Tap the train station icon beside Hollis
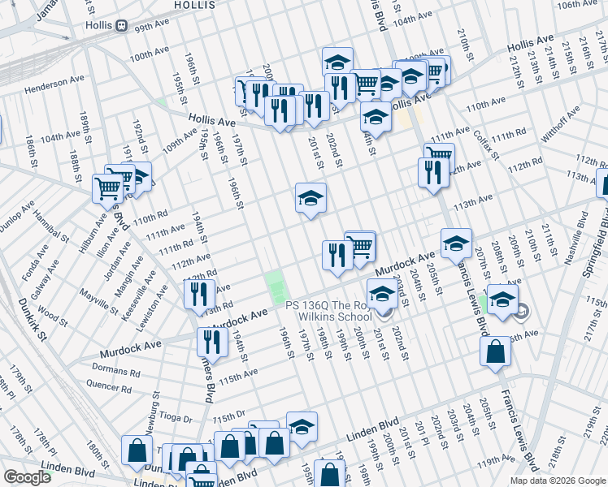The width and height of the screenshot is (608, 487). click(122, 25)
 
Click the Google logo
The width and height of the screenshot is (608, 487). click(27, 477)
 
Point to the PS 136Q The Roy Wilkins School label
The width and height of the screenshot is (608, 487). click(339, 310)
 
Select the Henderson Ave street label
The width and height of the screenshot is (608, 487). click(54, 84)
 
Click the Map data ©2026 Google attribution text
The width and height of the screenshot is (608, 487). click(558, 481)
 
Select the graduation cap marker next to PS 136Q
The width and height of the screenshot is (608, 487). click(381, 293)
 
